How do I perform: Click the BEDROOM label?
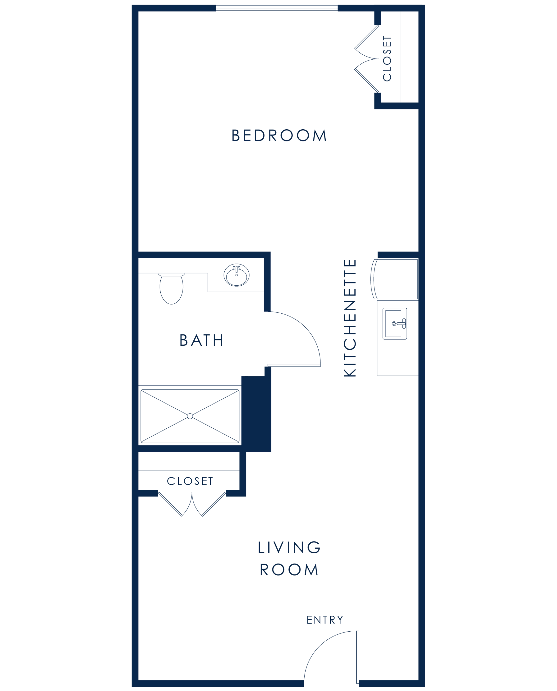tap(279, 136)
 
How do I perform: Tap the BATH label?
tap(201, 340)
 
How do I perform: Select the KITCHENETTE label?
tap(350, 318)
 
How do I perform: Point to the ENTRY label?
tap(325, 620)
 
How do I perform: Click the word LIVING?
tap(289, 547)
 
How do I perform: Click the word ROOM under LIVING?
tap(289, 570)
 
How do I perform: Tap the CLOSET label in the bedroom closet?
tap(387, 58)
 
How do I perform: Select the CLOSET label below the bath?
tap(190, 481)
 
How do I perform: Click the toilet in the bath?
tap(171, 288)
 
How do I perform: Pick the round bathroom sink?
tap(237, 275)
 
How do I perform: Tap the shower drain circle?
tap(190, 416)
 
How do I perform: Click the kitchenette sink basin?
tap(393, 323)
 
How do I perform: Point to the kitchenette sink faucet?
tap(401, 324)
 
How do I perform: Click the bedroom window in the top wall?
tap(276, 8)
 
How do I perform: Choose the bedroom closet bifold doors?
tap(367, 59)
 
